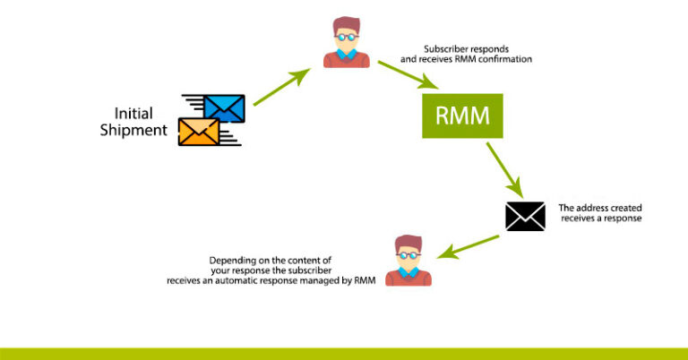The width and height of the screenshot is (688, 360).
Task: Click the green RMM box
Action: click(463, 117)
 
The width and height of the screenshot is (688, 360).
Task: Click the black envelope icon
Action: click(525, 216)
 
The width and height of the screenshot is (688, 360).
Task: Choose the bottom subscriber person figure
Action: click(408, 261)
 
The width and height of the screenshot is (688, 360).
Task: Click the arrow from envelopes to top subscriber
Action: click(281, 88)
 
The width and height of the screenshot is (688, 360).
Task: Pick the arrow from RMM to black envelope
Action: click(504, 170)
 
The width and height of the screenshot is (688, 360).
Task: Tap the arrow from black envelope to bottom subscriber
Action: click(468, 245)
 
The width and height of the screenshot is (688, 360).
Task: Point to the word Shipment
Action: click(140, 131)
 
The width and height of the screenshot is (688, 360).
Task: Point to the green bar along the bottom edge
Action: click(344, 354)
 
